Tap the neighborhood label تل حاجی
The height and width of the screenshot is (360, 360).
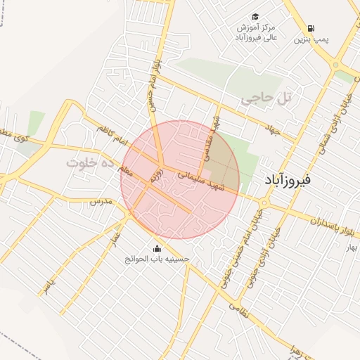click(266, 99)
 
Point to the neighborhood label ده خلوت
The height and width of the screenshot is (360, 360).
click(90, 162)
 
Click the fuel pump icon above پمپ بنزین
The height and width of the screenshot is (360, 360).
click(311, 28)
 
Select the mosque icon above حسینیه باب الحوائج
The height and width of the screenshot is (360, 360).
click(157, 247)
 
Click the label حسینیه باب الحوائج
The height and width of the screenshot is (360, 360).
click(157, 259)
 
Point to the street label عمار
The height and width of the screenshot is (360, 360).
click(112, 239)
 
